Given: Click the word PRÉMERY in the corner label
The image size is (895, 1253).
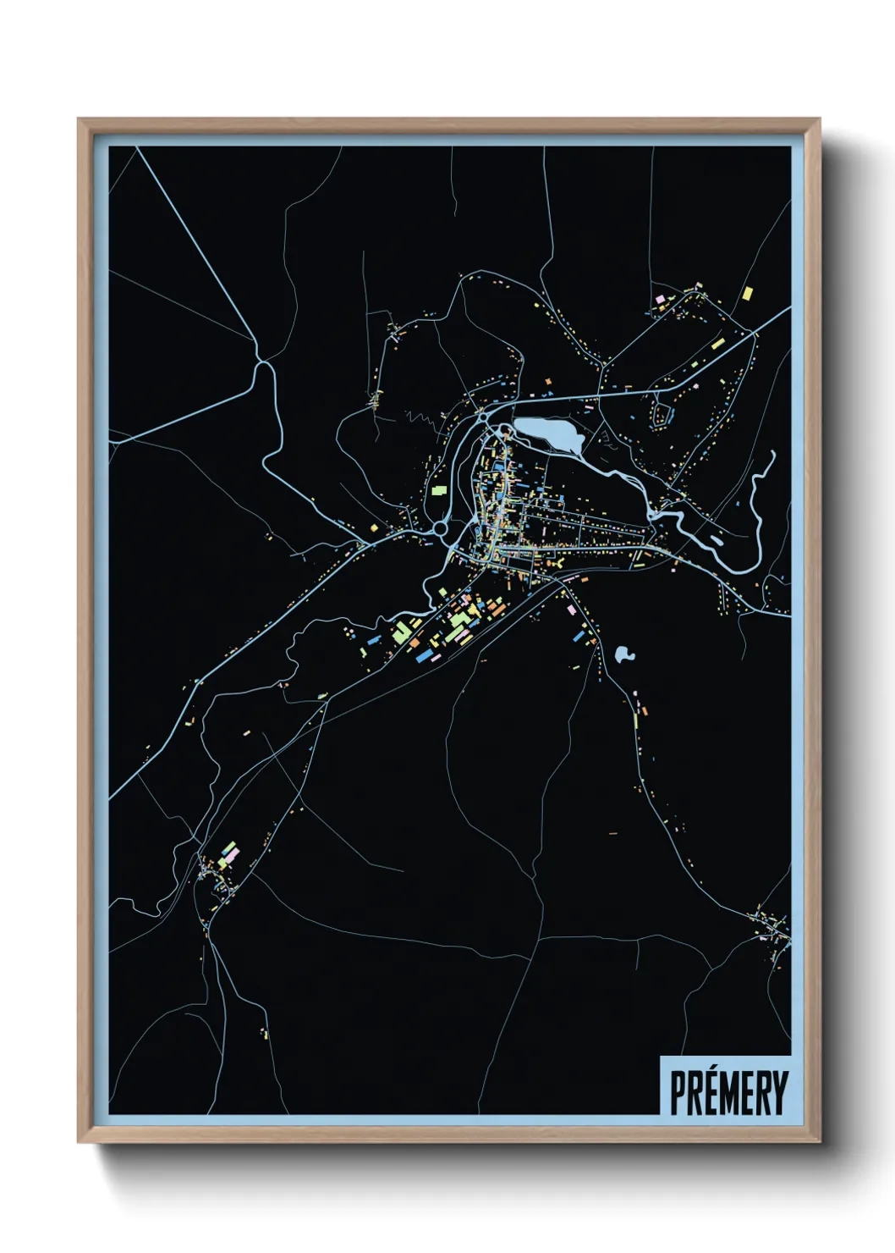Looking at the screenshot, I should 728,1093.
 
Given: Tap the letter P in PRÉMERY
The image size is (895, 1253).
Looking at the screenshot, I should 678,1093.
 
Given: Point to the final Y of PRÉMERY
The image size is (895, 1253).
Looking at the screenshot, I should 780,1093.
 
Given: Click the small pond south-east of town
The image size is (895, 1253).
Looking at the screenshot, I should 624,654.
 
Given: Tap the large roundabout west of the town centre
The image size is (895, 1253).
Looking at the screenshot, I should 440,528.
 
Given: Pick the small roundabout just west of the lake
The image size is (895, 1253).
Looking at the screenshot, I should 481,417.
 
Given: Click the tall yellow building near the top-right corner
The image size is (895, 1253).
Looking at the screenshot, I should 747,294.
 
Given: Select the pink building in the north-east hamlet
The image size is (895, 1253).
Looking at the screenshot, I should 661,299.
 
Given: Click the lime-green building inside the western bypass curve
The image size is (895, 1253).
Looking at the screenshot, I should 438,489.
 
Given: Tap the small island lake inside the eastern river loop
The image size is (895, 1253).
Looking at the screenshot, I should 717,539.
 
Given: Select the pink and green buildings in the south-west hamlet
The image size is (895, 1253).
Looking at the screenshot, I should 228,853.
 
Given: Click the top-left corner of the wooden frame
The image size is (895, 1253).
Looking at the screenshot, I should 80,120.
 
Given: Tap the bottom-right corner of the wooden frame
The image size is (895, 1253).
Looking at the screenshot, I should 818,1140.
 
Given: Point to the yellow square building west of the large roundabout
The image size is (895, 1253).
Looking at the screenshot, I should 374,528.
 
